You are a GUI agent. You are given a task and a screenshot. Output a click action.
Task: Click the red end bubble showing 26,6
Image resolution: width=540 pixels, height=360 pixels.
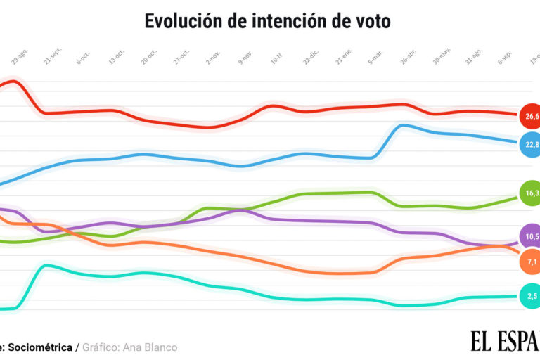click(529, 115)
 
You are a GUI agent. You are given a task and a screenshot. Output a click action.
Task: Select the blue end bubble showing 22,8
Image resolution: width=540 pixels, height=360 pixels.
click(530, 144)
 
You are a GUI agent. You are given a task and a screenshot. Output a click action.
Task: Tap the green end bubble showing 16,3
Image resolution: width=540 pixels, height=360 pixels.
click(530, 193)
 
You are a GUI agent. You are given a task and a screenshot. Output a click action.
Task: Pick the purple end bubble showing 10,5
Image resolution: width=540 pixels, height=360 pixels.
click(530, 236)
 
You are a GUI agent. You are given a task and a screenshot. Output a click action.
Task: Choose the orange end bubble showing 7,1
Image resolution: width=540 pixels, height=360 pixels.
click(530, 262)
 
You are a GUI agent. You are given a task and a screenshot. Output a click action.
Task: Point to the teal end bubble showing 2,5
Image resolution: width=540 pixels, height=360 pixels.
click(530, 296)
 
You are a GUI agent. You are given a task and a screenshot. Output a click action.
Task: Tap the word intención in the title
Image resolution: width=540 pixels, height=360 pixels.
click(280, 21)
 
